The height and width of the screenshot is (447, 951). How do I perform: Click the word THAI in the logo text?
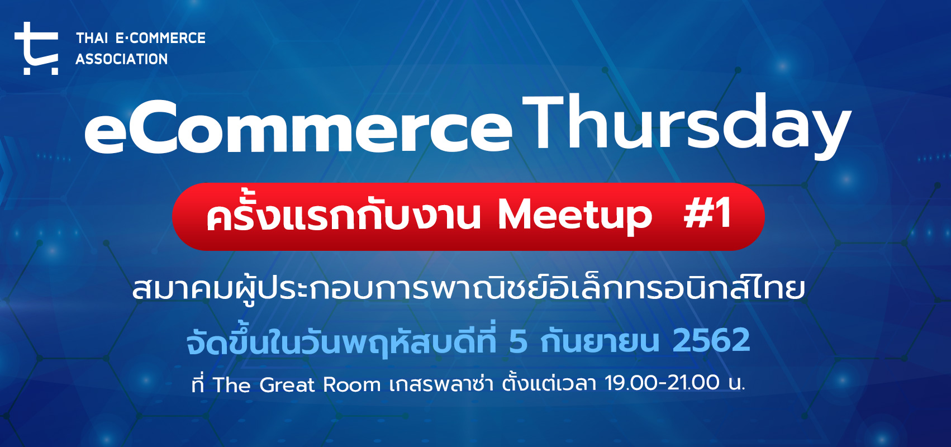[92, 38]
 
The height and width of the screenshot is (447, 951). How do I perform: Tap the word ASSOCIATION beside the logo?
[122, 59]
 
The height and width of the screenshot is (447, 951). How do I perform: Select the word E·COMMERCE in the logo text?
[160, 38]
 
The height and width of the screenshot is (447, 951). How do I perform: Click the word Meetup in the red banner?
[575, 216]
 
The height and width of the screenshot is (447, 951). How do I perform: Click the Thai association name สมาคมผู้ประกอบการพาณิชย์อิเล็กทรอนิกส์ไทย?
[469, 287]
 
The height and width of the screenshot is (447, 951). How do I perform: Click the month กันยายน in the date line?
[600, 341]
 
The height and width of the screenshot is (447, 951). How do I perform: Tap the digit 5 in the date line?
[518, 341]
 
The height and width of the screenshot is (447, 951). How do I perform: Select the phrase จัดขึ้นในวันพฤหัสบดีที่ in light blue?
[342, 341]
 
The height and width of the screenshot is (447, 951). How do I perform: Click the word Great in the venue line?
[287, 385]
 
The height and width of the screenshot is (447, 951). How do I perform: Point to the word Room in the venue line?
[352, 385]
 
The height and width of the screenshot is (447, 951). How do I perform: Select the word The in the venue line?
[231, 384]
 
